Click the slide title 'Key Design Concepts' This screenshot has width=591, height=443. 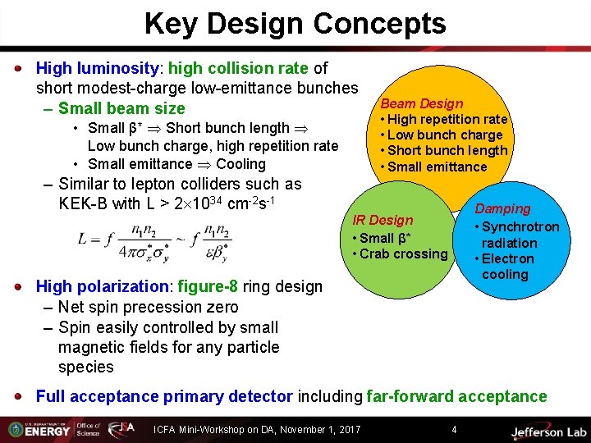[x=295, y=23]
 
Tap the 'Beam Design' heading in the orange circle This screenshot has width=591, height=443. [x=422, y=104]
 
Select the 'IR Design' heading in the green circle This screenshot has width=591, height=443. [x=383, y=220]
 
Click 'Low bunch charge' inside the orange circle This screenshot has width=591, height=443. [x=444, y=135]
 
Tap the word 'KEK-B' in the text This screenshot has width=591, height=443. [x=82, y=203]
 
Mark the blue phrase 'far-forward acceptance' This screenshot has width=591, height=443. [x=456, y=397]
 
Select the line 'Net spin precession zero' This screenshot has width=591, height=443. [x=148, y=308]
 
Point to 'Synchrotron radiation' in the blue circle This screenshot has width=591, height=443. [x=520, y=235]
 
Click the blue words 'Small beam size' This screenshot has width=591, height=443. [x=121, y=108]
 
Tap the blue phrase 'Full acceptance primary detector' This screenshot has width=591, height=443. [x=164, y=397]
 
